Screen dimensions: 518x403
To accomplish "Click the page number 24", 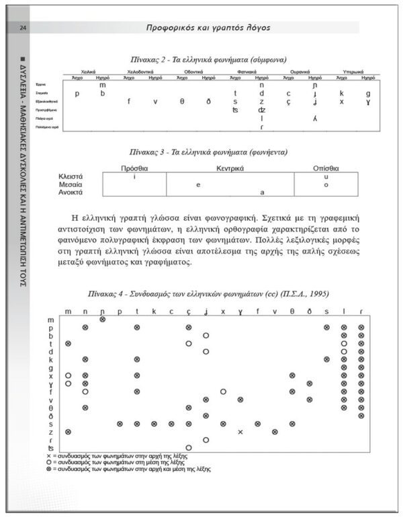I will (x=23, y=28).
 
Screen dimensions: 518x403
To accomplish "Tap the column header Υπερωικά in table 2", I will (x=353, y=71).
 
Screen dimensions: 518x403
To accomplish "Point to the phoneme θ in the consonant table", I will (x=182, y=102).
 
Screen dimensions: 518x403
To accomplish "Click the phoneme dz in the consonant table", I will (x=261, y=110).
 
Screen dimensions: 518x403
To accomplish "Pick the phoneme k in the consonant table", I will (x=341, y=94).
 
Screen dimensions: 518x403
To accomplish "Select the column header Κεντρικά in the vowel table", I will (x=230, y=168).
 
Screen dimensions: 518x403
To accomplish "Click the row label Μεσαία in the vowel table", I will (x=71, y=184).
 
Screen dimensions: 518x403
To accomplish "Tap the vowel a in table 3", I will (x=262, y=192).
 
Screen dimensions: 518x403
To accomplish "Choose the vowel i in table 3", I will (x=134, y=176).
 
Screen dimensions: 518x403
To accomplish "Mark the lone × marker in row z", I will (x=240, y=431).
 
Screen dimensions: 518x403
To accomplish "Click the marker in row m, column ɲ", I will (x=102, y=319).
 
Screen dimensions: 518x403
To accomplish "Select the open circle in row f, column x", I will (x=222, y=391).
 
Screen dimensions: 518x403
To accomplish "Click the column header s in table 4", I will (x=326, y=311).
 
